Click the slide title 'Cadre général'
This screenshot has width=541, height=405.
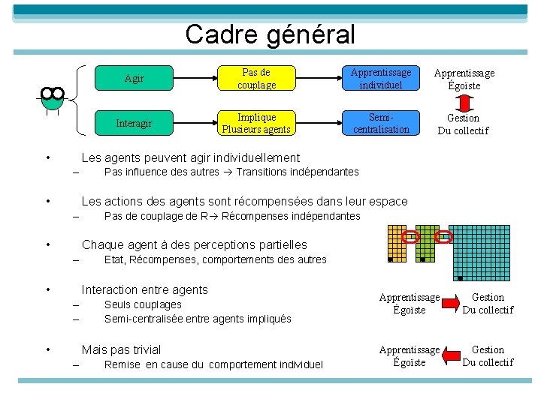tap(270, 34)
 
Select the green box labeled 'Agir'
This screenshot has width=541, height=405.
tap(134, 78)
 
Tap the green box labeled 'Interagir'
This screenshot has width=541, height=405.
tap(134, 123)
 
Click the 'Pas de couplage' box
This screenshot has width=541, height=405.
tap(257, 78)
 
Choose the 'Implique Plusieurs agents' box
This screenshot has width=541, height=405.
tap(257, 123)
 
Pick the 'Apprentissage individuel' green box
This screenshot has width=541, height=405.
tap(381, 78)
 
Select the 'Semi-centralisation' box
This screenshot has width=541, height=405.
tap(381, 123)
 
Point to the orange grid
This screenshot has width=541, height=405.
tap(397, 243)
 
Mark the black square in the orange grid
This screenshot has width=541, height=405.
tap(390, 259)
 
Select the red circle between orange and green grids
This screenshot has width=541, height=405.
tap(410, 237)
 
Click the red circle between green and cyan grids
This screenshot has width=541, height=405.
tap(444, 237)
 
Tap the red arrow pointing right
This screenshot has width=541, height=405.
tap(451, 303)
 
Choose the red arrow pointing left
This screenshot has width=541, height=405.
tap(451, 355)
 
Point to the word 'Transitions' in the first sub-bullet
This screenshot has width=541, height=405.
tap(264, 172)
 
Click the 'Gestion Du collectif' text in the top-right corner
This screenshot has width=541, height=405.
tap(463, 124)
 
